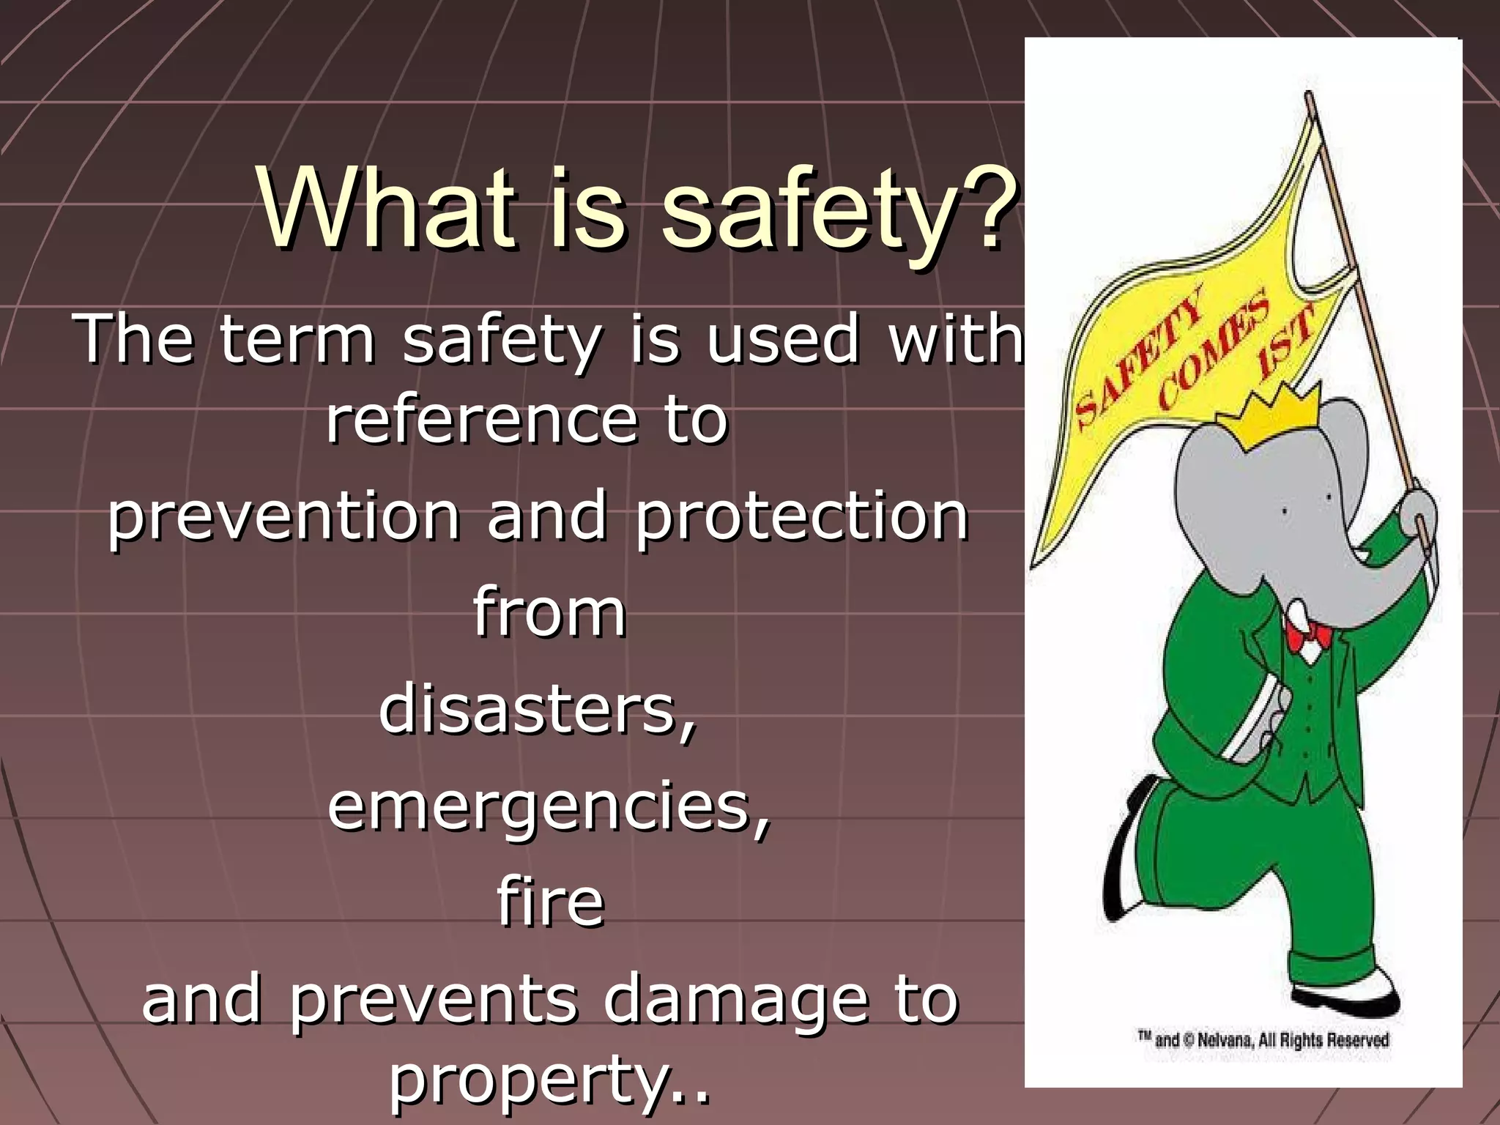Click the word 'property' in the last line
point(527,1077)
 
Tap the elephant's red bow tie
point(1310,636)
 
